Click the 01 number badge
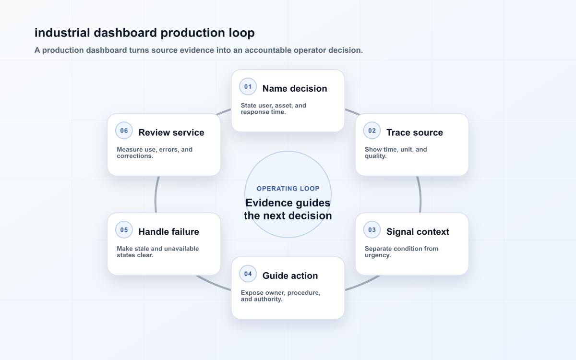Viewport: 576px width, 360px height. point(248,87)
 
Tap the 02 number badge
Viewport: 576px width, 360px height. point(372,131)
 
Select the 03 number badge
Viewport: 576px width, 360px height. point(372,229)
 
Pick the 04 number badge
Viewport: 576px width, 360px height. point(248,274)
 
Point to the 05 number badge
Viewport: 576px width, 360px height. point(124,229)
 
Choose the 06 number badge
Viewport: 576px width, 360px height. point(124,131)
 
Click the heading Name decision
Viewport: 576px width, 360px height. point(295,88)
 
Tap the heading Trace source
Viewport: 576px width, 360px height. point(415,132)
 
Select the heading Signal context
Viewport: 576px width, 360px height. point(418,232)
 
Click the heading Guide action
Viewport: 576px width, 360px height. point(290,276)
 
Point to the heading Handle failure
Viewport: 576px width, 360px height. point(168,232)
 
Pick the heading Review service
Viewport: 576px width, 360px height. point(171,132)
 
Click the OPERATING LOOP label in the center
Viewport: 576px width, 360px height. point(288,189)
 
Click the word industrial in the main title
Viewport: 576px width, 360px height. point(62,33)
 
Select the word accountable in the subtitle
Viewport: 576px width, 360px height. point(268,50)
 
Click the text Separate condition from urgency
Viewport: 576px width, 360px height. point(401,252)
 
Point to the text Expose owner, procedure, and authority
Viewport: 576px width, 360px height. point(280,296)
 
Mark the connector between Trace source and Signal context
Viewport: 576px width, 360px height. point(420,194)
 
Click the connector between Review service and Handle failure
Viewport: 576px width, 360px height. point(156,194)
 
